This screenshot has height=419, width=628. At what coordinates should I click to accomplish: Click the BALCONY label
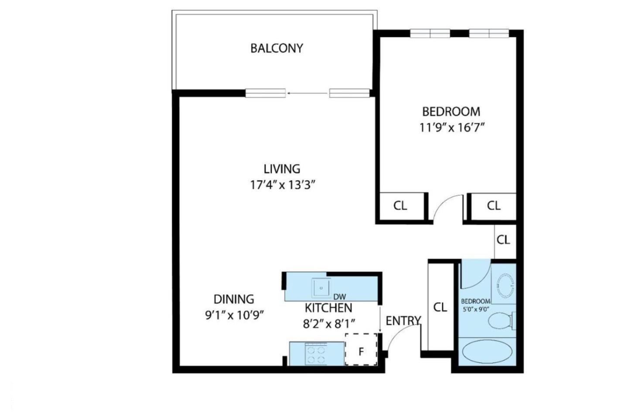point(276,48)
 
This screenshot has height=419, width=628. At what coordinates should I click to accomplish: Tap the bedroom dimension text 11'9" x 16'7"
point(452,128)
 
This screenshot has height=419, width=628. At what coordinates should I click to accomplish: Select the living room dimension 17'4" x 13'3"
point(282,185)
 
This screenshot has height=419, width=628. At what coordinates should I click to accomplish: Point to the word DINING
point(234,299)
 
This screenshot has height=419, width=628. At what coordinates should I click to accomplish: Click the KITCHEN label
point(328,308)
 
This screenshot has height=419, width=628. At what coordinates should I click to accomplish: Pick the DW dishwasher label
point(339,297)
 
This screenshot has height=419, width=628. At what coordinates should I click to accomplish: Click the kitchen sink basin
point(321,288)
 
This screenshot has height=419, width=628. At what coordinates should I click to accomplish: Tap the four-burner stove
point(316,354)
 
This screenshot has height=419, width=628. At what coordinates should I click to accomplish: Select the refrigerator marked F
point(361,350)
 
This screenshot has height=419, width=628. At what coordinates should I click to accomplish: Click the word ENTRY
point(403,321)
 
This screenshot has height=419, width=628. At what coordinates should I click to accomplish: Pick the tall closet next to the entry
point(440,307)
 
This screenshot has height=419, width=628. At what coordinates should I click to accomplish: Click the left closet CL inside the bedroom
point(400,206)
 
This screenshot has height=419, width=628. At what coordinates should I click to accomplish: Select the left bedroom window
point(430,33)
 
